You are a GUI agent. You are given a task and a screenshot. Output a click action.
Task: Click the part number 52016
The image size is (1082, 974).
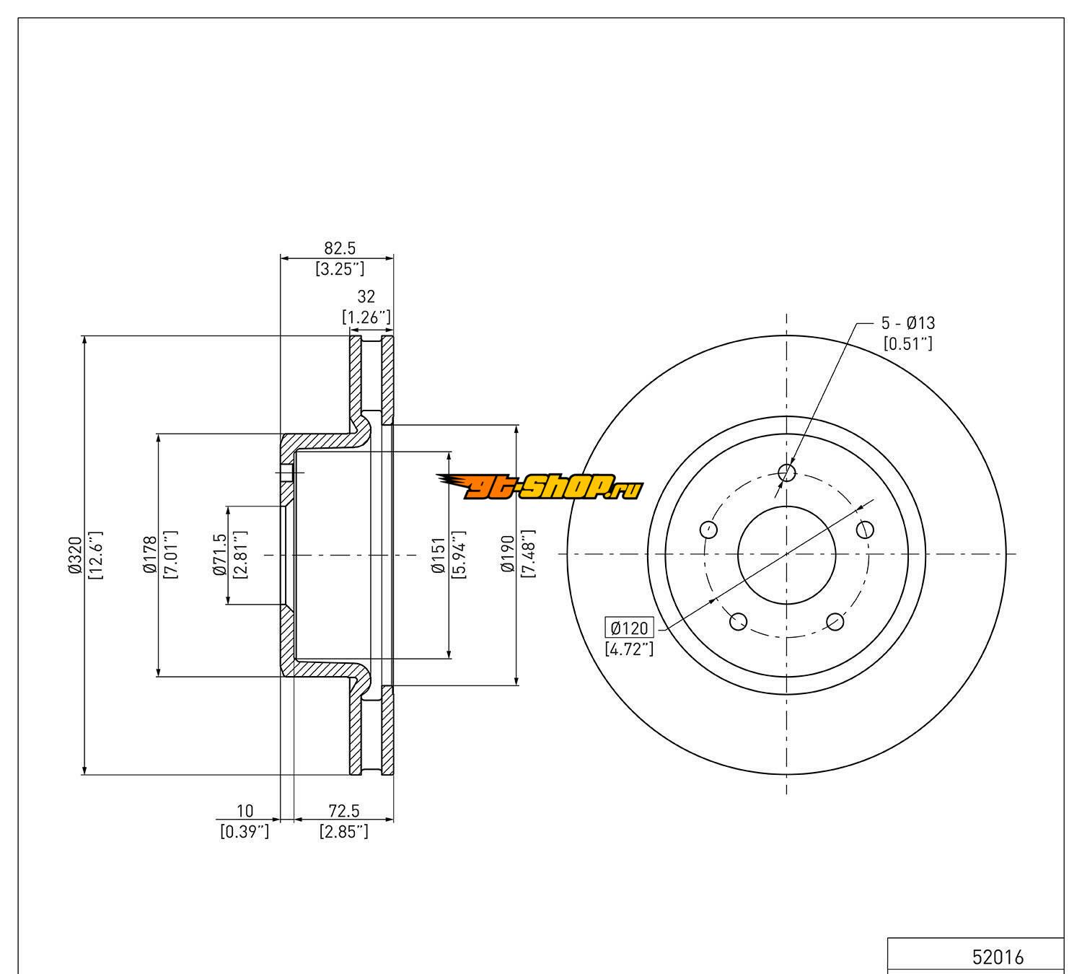pyautogui.click(x=998, y=957)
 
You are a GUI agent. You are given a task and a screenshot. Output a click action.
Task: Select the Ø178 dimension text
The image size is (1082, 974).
pyautogui.click(x=150, y=555)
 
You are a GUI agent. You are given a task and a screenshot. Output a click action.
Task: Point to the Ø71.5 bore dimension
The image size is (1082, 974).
pyautogui.click(x=221, y=555)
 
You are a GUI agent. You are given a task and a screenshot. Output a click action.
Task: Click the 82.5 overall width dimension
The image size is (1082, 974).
pyautogui.click(x=339, y=248)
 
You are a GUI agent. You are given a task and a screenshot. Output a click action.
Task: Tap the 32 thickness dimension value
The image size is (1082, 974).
pyautogui.click(x=366, y=296)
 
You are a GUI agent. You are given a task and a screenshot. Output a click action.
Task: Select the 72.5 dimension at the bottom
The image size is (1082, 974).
pyautogui.click(x=344, y=811)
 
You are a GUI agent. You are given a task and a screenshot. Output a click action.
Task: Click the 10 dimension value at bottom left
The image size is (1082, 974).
pyautogui.click(x=245, y=811)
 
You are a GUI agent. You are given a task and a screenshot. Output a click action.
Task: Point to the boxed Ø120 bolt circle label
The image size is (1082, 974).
pyautogui.click(x=629, y=628)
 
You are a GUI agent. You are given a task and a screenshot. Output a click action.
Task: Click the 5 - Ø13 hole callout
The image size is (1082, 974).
pyautogui.click(x=907, y=323)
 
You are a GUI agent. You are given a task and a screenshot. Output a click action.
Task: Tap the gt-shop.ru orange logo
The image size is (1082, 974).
pyautogui.click(x=540, y=488)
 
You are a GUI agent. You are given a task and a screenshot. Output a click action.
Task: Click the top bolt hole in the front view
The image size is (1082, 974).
pyautogui.click(x=787, y=473)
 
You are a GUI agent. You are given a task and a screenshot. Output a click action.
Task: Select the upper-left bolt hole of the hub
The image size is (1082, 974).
pyautogui.click(x=710, y=529)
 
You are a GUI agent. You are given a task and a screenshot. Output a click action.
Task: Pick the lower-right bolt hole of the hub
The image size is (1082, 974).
pyautogui.click(x=835, y=621)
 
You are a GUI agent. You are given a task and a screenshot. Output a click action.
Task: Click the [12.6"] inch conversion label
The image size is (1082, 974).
pyautogui.click(x=95, y=555)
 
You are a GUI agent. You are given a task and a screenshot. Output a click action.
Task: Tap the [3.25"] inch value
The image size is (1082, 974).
pyautogui.click(x=340, y=269)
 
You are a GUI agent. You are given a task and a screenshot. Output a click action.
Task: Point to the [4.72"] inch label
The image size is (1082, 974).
pyautogui.click(x=629, y=649)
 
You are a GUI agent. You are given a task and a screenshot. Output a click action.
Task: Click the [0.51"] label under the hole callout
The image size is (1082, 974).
pyautogui.click(x=908, y=343)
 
